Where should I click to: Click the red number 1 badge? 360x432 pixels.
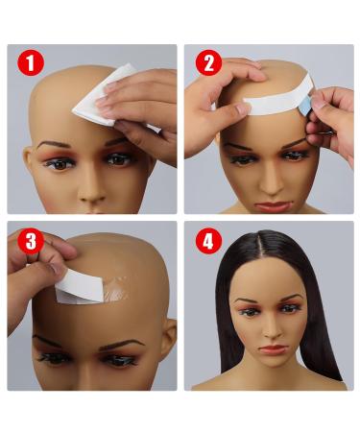[31, 66]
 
